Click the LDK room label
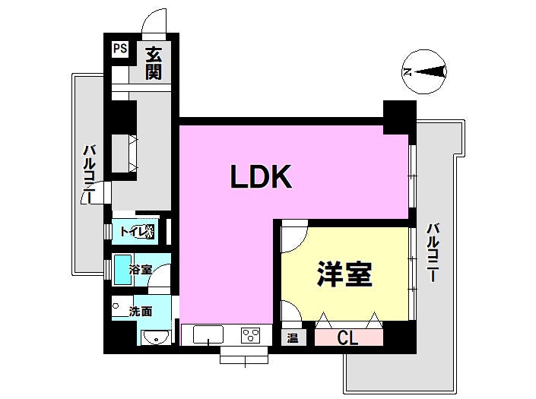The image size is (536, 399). click(x=262, y=176)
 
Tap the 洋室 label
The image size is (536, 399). click(x=344, y=274)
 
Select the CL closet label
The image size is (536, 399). click(x=347, y=338)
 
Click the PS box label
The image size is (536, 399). click(x=120, y=49)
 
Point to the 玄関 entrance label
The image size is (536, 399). click(x=154, y=64)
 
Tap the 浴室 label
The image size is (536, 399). click(x=141, y=270)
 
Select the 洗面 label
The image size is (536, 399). click(x=141, y=312)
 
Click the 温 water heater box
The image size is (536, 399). click(x=293, y=338)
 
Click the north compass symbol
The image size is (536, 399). click(x=424, y=71)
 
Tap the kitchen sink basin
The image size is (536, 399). click(x=208, y=334)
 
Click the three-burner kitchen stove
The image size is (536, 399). click(x=251, y=335)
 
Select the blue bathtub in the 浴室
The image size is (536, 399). click(x=122, y=270)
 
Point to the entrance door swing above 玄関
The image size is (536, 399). click(x=154, y=21)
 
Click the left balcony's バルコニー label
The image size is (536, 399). click(x=90, y=174)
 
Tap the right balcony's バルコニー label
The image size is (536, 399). click(x=433, y=252)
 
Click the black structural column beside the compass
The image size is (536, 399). click(x=400, y=117)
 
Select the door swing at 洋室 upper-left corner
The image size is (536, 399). click(x=295, y=236)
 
